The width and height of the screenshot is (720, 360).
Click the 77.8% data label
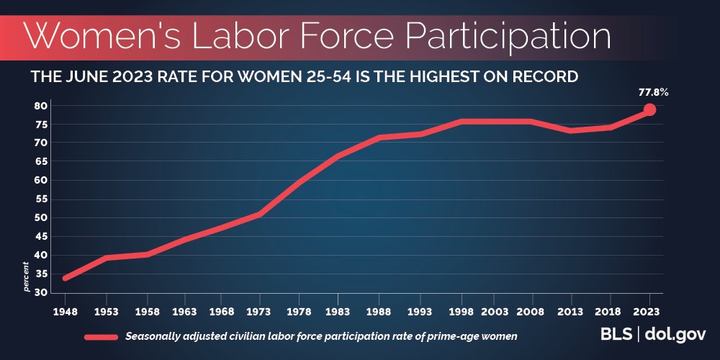(x=649, y=93)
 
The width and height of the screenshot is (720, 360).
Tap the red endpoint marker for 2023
(x=649, y=109)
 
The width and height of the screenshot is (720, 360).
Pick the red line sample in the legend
(x=101, y=336)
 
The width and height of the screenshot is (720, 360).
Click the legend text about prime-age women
(x=321, y=336)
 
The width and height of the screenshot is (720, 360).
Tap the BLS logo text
(x=616, y=335)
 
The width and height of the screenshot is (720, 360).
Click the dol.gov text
(x=675, y=335)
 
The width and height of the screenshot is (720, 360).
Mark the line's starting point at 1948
(x=66, y=278)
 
